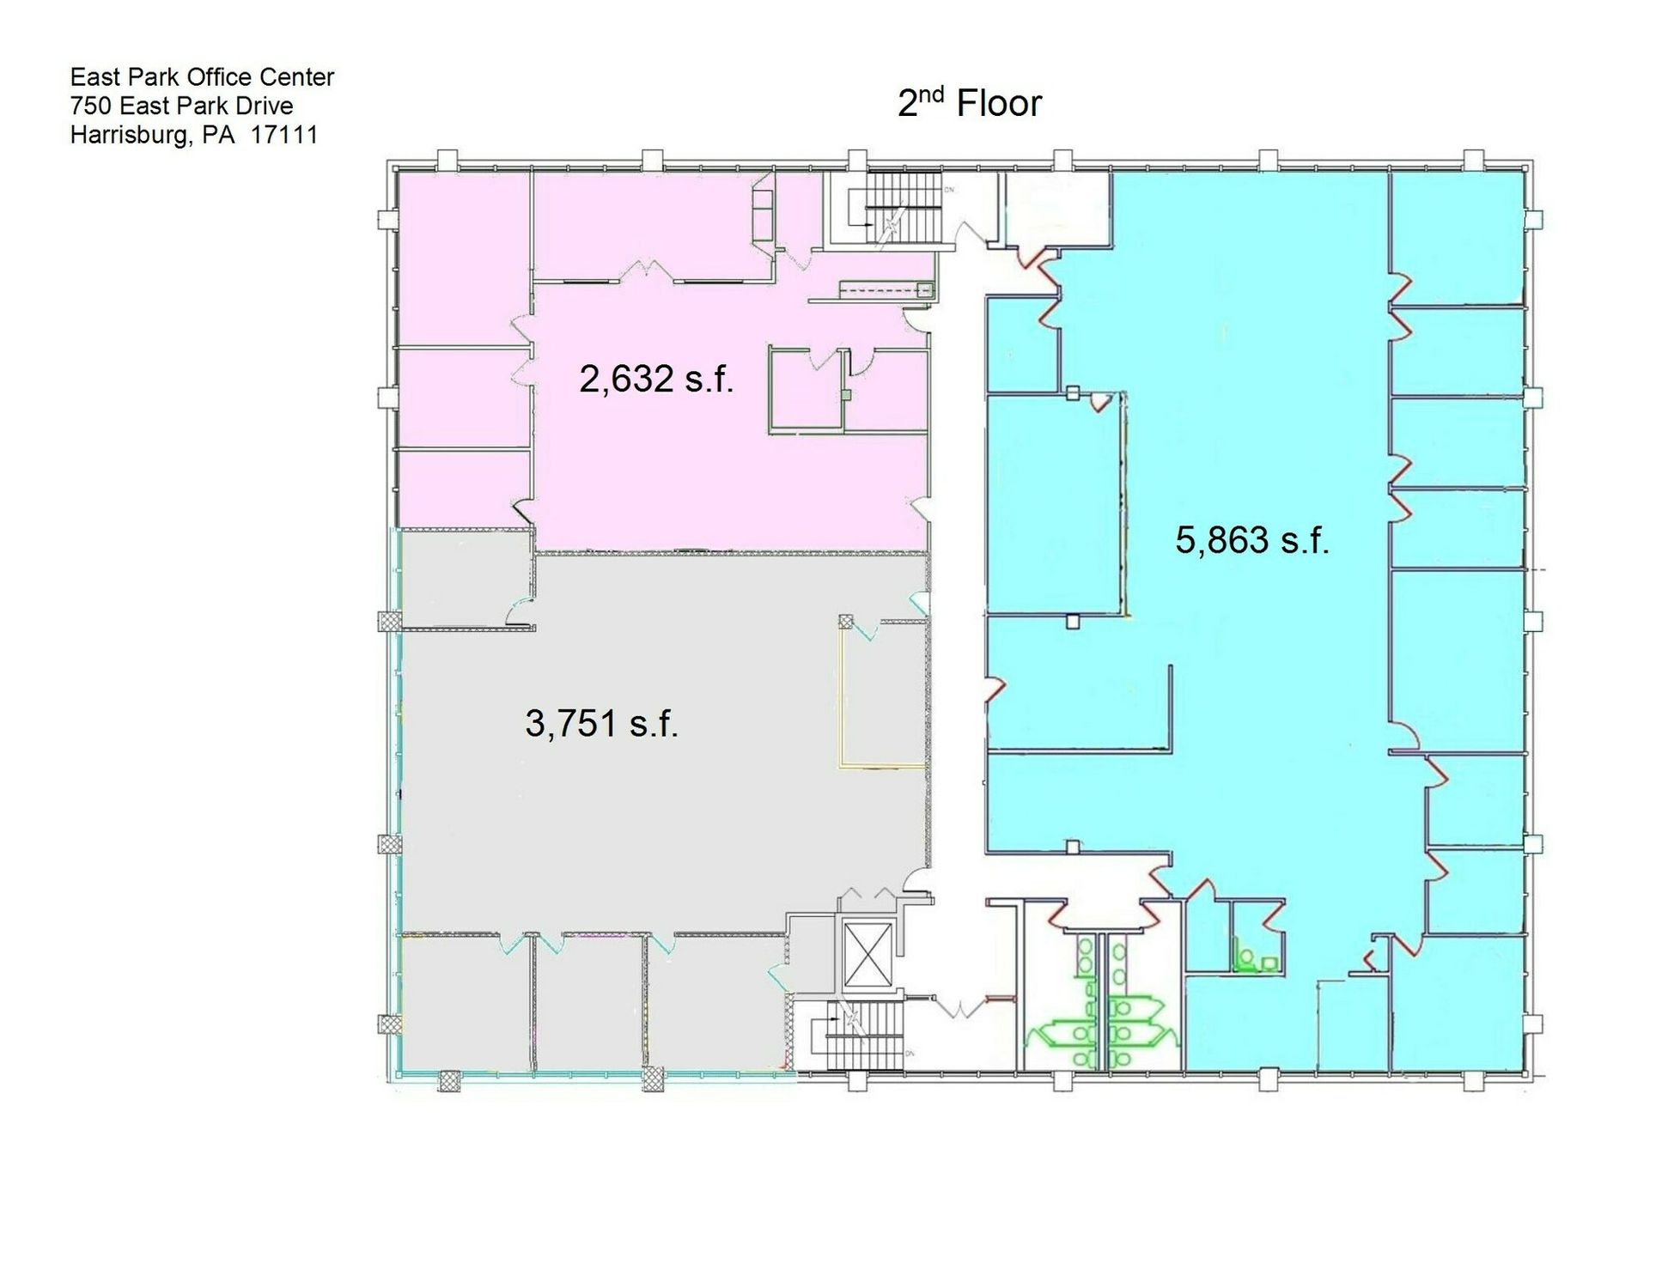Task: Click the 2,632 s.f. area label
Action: point(656,379)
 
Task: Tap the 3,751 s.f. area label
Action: point(601,723)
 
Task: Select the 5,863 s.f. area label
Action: point(1251,540)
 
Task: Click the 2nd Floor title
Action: point(969,102)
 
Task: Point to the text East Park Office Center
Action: point(202,77)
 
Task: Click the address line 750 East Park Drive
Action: point(181,106)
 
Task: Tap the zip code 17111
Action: point(284,135)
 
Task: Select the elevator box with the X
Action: point(868,955)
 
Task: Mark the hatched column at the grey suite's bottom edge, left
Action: point(450,1080)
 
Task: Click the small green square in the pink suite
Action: point(846,395)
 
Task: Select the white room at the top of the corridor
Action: point(1055,208)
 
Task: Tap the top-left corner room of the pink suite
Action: point(462,258)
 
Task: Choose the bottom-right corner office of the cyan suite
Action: point(1458,1002)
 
